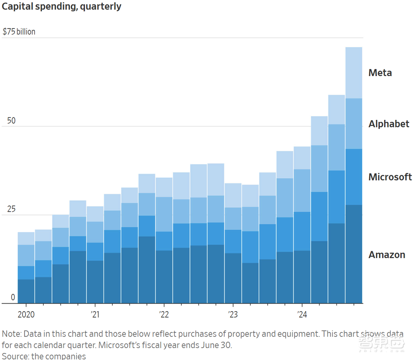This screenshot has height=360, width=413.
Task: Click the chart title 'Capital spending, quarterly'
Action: point(62,7)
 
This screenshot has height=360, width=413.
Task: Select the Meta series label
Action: point(380,73)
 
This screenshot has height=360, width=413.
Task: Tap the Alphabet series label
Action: point(389,124)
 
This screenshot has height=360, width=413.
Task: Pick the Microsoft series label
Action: point(390,177)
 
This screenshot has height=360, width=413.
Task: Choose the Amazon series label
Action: point(387,255)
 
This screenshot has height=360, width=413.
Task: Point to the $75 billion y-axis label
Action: point(19,32)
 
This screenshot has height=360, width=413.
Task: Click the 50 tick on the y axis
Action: point(11,121)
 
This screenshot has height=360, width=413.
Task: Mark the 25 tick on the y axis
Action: point(11,209)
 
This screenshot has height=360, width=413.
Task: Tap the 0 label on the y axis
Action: point(13,298)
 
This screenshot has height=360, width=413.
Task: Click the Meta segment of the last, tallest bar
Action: point(354,73)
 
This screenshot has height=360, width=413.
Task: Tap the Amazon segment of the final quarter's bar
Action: point(354,254)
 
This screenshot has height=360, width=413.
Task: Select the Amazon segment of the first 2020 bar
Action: point(26,291)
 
